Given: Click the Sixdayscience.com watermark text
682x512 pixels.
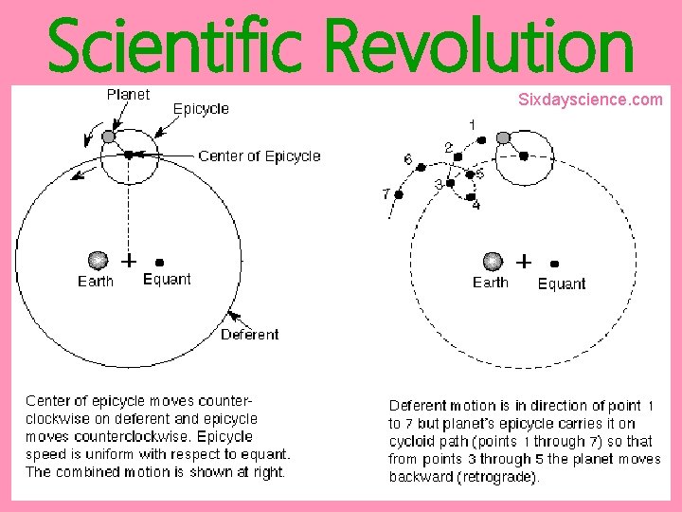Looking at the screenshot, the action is click(590, 99).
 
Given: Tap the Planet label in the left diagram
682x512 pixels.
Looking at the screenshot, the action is click(128, 95).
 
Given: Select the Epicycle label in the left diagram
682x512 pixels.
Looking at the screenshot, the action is click(201, 109).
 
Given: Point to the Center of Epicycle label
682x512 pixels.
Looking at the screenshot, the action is click(260, 156).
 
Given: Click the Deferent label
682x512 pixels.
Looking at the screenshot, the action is click(249, 334).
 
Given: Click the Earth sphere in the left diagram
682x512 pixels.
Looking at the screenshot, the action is click(97, 260).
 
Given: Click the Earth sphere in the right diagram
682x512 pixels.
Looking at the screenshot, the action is click(492, 261).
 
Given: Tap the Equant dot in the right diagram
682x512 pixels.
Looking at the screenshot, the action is click(554, 265).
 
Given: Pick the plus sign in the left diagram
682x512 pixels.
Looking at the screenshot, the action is click(128, 259).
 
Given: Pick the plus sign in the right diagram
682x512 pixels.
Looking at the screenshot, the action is click(523, 260).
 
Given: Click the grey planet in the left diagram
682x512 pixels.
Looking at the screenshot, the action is click(108, 137).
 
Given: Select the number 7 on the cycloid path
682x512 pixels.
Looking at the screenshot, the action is click(386, 193).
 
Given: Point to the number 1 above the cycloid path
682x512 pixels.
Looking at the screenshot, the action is click(472, 124).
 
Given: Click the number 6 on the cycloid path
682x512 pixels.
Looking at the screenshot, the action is click(407, 160).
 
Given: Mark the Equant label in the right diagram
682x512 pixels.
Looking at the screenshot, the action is click(562, 283).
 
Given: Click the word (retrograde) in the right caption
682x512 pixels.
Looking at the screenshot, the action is click(500, 477).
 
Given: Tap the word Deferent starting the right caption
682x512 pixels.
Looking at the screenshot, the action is click(420, 406).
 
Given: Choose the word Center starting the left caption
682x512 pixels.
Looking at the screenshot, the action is click(47, 401).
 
